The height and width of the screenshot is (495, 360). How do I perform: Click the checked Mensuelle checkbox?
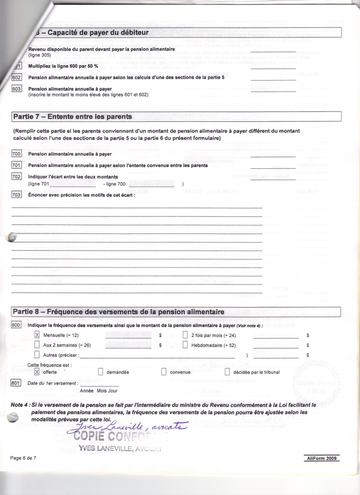pos(37,335)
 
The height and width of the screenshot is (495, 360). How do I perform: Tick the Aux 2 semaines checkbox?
pos(37,345)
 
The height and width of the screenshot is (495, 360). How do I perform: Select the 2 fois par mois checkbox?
pos(185,335)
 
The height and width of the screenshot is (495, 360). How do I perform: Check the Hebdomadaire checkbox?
pos(185,345)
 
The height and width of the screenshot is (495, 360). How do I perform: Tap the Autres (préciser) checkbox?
pos(37,355)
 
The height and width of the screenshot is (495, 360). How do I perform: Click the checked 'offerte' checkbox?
pos(37,372)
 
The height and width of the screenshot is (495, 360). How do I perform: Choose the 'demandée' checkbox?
pos(100,372)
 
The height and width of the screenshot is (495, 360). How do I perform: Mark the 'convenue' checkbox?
pos(164,372)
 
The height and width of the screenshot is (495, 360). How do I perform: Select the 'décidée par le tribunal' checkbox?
pos(227,372)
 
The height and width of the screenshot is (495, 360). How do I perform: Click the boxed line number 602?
pos(16,77)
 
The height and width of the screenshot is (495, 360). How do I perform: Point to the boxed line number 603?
pos(16,89)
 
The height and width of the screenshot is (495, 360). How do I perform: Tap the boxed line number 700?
pos(16,154)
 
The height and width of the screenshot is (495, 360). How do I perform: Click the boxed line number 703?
pos(16,194)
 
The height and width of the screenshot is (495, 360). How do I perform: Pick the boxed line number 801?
pos(16,383)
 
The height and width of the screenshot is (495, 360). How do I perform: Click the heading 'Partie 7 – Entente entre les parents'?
pos(72,117)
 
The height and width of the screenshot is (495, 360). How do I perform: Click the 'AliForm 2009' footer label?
pos(322,458)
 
